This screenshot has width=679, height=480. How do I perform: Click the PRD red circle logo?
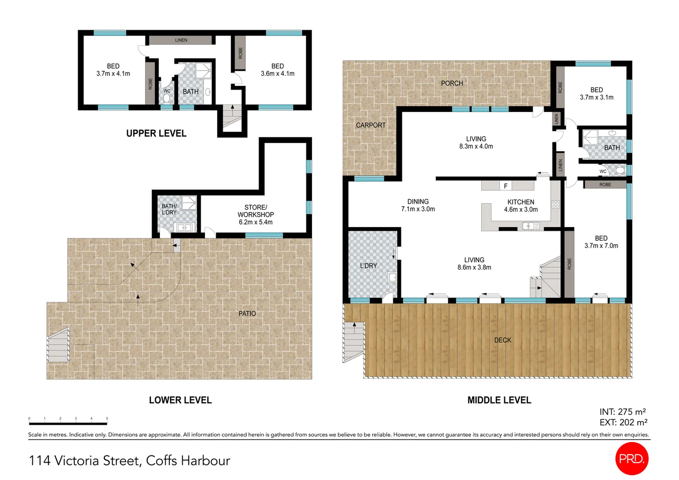click(x=631, y=459)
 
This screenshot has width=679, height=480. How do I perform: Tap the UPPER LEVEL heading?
click(x=156, y=133)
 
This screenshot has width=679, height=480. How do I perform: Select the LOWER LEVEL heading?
click(x=180, y=400)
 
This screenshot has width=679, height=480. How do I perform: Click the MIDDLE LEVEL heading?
click(x=499, y=400)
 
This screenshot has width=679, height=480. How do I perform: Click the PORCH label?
click(x=451, y=83)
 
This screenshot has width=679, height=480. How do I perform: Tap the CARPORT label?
click(x=371, y=125)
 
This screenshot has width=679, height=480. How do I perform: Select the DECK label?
click(x=503, y=340)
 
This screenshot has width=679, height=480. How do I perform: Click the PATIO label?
click(x=247, y=313)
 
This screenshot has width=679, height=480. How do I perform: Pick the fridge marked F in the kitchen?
click(x=505, y=186)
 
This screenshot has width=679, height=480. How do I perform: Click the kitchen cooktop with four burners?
click(x=555, y=205)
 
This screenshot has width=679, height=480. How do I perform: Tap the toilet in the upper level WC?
click(x=167, y=97)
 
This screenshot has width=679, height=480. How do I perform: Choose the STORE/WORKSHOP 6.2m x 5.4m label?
click(x=256, y=215)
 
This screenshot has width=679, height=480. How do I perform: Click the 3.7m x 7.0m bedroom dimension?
click(x=601, y=246)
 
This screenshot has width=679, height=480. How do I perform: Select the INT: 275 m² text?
click(x=622, y=412)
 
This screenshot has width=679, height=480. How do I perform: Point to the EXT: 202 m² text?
click(x=623, y=422)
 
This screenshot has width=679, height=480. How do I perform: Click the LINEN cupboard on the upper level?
click(x=181, y=40)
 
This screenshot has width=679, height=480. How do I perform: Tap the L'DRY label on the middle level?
click(x=368, y=266)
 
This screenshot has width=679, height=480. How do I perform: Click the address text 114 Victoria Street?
click(x=129, y=460)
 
